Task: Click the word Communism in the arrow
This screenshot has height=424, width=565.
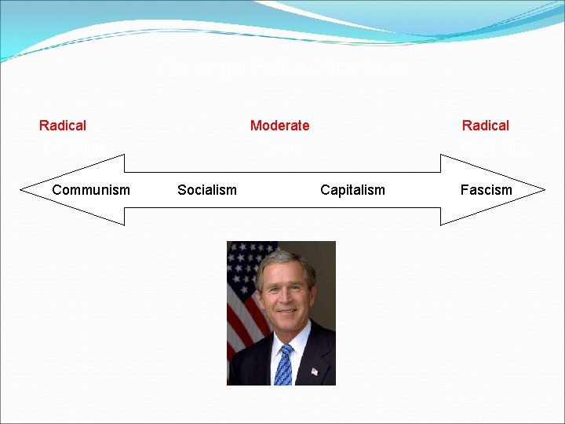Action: point(91,189)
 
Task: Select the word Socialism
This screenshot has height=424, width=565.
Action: point(207,189)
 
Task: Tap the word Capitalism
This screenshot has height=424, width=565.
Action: point(352,189)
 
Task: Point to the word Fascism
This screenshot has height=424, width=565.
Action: point(486,189)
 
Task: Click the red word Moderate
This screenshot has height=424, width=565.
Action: point(279,126)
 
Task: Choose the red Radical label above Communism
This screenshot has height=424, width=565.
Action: point(63,126)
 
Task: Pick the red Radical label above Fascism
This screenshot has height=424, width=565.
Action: point(485,126)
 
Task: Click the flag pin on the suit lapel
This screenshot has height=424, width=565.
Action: point(315,371)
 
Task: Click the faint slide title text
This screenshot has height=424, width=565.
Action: point(281,68)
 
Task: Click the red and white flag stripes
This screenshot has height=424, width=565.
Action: point(238,314)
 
